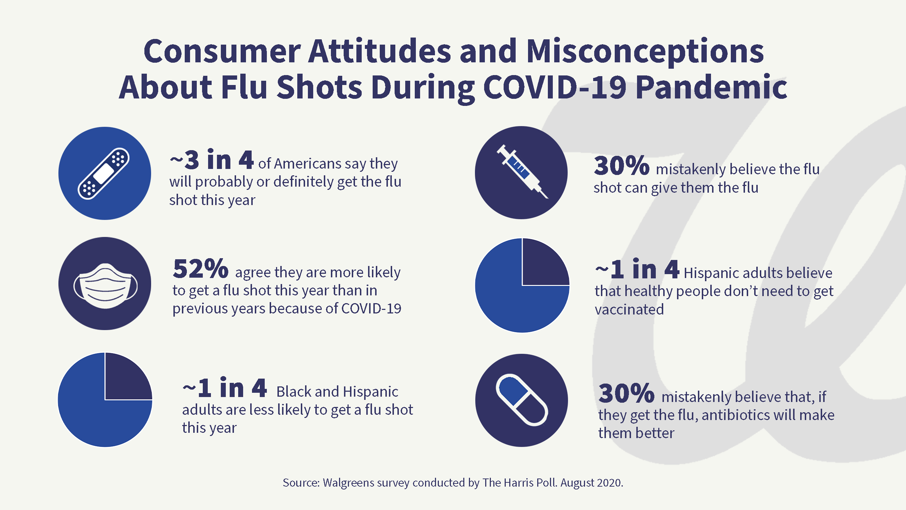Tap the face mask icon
[x=105, y=285]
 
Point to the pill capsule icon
[x=522, y=400]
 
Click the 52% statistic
[x=200, y=269]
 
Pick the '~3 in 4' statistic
[x=212, y=160]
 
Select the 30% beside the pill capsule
[x=626, y=393]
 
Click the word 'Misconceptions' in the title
[x=645, y=52]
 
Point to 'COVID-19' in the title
[x=555, y=87]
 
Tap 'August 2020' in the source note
[x=591, y=483]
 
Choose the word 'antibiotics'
[x=736, y=415]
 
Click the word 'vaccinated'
[x=629, y=310]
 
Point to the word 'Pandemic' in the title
[x=711, y=87]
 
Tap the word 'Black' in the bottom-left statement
[x=294, y=392]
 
